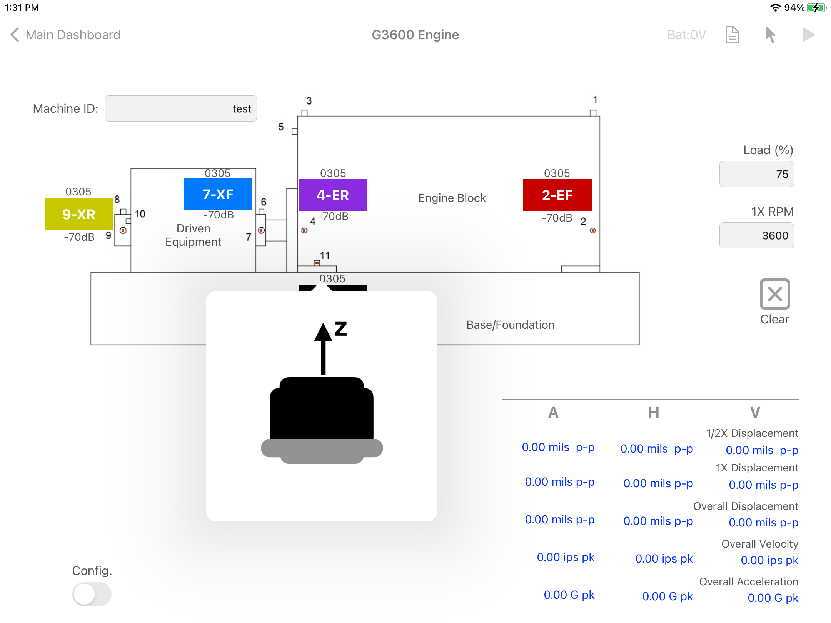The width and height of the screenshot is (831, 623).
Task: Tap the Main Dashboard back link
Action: pos(65,35)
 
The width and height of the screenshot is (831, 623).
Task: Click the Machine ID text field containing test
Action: pos(180,108)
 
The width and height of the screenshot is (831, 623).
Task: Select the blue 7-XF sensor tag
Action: pos(218,194)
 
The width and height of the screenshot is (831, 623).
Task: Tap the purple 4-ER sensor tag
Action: pos(332,195)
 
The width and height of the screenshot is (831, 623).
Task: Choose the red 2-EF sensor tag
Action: pos(557,195)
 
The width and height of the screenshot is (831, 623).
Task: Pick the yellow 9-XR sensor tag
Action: pos(78,214)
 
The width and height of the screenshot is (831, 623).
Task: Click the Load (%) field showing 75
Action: pos(756,174)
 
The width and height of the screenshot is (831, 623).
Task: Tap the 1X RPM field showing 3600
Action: pos(756,235)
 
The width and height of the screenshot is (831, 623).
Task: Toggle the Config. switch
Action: pos(92,594)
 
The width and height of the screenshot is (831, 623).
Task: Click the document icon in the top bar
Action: pos(732,35)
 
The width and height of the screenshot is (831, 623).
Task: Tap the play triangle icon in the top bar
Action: pos(808,35)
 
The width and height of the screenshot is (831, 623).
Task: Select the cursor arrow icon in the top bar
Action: pos(770,35)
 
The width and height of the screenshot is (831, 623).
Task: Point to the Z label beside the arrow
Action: pos(341,329)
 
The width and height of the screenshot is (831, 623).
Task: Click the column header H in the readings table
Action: pos(654,412)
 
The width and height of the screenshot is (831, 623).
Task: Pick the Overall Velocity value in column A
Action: pos(566,557)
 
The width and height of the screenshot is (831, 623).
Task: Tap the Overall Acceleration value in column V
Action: pos(773,598)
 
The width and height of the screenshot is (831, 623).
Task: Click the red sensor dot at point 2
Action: pos(592,230)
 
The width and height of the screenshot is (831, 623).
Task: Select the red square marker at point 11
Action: pos(317,263)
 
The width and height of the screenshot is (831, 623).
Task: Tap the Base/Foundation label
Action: pos(510,325)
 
